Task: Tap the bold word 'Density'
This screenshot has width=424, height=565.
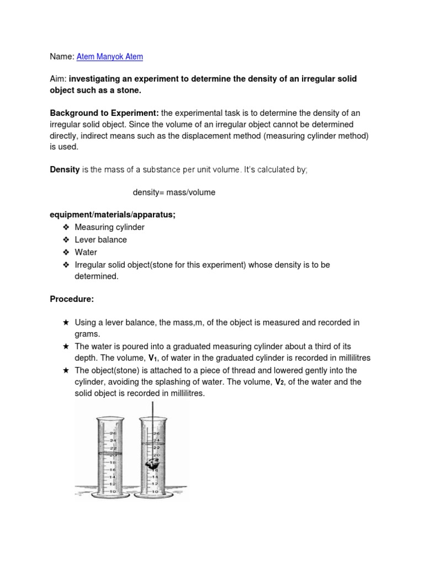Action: (65, 170)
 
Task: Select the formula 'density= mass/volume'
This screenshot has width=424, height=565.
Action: (174, 193)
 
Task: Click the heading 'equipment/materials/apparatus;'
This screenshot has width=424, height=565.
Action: (113, 215)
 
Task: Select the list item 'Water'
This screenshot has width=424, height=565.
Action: (86, 252)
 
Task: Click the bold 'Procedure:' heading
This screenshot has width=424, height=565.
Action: (72, 299)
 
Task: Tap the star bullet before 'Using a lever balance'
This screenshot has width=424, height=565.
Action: (66, 322)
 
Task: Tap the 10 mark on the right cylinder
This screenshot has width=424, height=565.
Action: (155, 491)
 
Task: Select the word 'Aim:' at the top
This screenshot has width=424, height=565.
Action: (58, 79)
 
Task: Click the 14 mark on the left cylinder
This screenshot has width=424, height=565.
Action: (113, 477)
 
